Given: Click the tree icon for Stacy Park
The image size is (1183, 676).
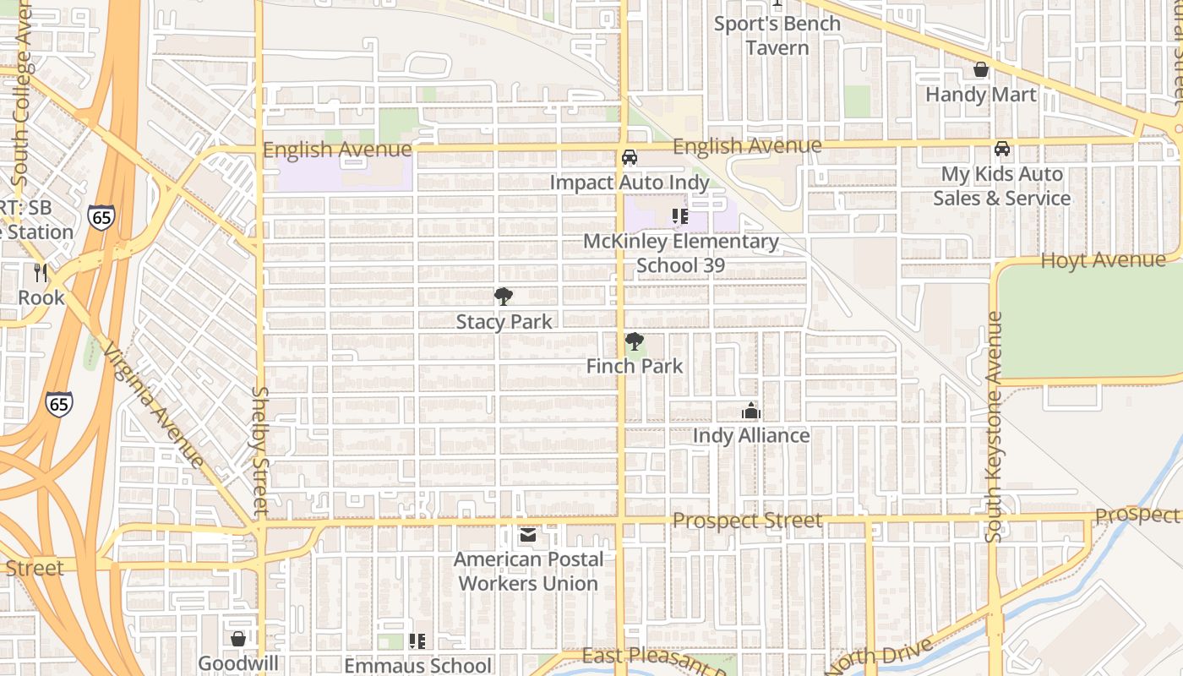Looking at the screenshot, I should [504, 297].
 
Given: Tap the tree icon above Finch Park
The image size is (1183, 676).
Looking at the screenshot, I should [634, 341].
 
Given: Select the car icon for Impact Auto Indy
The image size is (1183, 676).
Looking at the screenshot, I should [630, 157].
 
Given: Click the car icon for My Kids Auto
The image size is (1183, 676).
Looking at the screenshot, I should [1002, 149].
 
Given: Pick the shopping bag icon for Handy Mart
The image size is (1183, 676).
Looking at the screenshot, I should [981, 69].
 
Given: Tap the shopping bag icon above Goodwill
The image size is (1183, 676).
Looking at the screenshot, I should [238, 639].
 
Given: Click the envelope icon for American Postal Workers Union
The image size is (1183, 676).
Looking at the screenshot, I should [528, 535].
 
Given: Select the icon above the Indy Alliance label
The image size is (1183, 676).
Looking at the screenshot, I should [750, 412].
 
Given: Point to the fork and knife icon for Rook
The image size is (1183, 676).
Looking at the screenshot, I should [41, 272].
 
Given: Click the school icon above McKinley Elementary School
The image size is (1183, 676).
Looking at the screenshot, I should [680, 216].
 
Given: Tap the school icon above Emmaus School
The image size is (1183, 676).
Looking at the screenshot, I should [417, 641].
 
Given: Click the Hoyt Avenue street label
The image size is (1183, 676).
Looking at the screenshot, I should [1103, 260].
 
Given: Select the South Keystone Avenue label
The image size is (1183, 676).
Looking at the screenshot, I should [994, 427].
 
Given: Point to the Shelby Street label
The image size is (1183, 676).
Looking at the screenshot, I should [260, 451].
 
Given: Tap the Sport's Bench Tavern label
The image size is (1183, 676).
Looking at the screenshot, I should [777, 35].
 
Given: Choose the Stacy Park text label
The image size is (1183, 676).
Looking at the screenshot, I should [504, 322].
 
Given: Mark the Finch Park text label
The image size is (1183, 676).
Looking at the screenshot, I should [635, 366].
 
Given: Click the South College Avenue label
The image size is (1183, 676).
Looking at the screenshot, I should [22, 93].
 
